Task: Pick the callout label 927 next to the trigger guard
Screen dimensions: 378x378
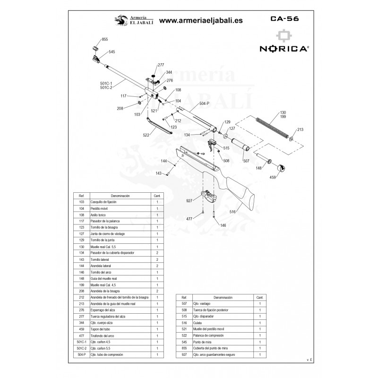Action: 189,201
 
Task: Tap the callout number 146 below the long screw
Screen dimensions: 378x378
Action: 223,225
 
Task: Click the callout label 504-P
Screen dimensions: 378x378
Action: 205,103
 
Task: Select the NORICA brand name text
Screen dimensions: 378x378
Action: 284,48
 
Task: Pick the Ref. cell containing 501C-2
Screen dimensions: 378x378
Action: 81,348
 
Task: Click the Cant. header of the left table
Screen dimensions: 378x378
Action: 157,195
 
